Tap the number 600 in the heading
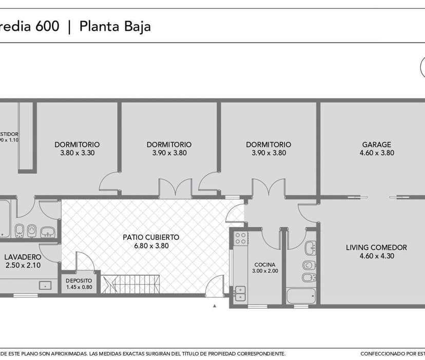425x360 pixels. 47,26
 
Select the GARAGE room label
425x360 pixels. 376,145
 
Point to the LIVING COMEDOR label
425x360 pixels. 376,247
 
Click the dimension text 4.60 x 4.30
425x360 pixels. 376,256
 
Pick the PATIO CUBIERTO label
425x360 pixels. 151,237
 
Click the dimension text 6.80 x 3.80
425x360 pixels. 151,246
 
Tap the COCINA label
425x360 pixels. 265,265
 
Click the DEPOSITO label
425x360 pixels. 79,281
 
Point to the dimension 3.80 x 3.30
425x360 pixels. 77,153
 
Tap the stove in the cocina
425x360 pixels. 240,238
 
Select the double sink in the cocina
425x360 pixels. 240,294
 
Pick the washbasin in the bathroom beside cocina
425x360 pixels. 311,249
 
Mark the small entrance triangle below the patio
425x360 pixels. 215,306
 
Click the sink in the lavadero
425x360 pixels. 45,285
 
